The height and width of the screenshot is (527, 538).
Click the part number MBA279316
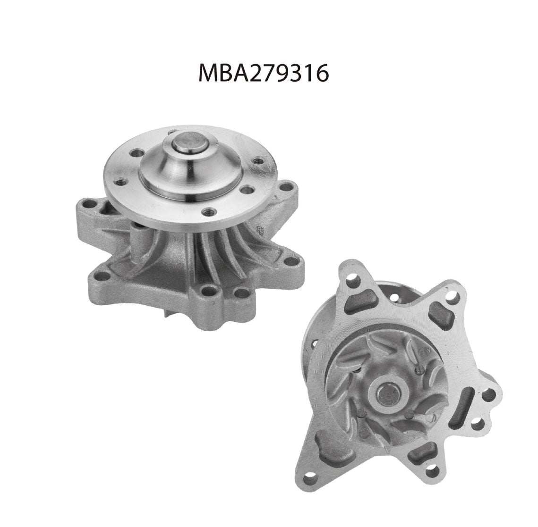click(269, 74)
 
